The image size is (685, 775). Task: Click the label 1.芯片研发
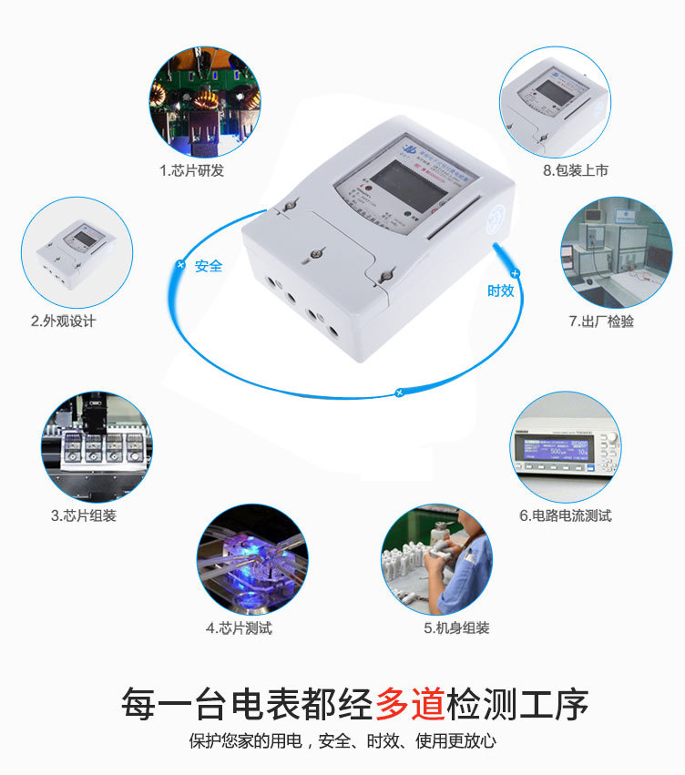191,170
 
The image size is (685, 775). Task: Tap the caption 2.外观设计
63,321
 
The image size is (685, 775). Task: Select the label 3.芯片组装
84,515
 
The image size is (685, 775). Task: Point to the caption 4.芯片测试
239,627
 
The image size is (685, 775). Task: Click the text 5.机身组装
456,627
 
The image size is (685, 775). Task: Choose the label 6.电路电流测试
566,515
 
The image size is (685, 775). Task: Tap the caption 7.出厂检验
601,321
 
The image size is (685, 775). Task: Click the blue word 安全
209,267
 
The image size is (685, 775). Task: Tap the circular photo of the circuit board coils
205,103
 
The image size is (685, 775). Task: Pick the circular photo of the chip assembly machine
96,447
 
